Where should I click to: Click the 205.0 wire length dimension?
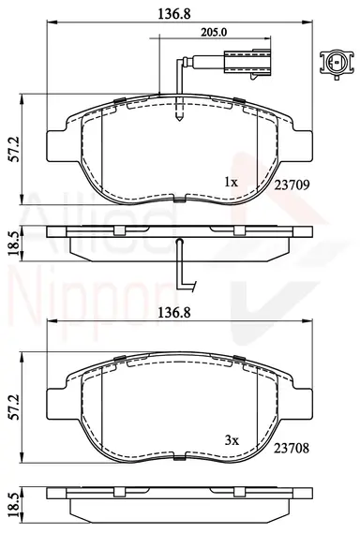point(214,33)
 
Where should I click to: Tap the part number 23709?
point(292,185)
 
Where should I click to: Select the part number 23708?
point(292,448)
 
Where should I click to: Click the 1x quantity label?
point(231,182)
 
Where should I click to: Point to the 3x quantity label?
point(232,440)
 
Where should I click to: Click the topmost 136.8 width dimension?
point(174,14)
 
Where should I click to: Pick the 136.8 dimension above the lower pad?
point(174,313)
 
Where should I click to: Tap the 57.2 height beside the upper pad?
point(15,149)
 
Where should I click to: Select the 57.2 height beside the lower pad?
point(15,407)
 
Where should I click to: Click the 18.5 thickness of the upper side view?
point(15,244)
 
